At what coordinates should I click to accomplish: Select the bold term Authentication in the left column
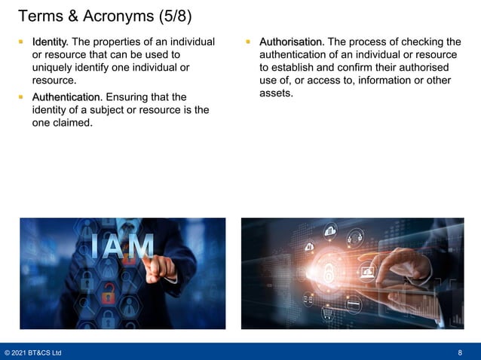point(66,97)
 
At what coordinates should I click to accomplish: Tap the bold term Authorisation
point(292,41)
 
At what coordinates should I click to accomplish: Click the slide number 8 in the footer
point(460,352)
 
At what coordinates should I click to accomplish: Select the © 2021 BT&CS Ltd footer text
point(33,352)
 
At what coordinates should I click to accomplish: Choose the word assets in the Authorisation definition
point(276,93)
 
